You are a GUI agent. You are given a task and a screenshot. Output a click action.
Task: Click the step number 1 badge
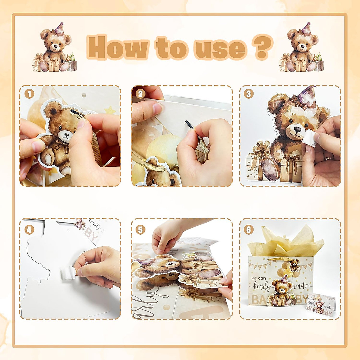point(29,94)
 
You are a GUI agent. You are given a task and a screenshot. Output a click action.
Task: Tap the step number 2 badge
point(140,94)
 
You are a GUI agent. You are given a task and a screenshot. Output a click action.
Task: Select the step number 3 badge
point(248,94)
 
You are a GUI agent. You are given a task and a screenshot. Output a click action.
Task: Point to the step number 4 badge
point(29,230)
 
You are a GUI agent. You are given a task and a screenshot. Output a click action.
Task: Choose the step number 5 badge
point(140,230)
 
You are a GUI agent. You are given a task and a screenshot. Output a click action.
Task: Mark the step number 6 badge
point(248,230)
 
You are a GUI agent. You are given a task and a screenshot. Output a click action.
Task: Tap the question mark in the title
point(262,47)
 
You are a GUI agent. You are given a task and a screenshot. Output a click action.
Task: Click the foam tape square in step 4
point(67,274)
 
